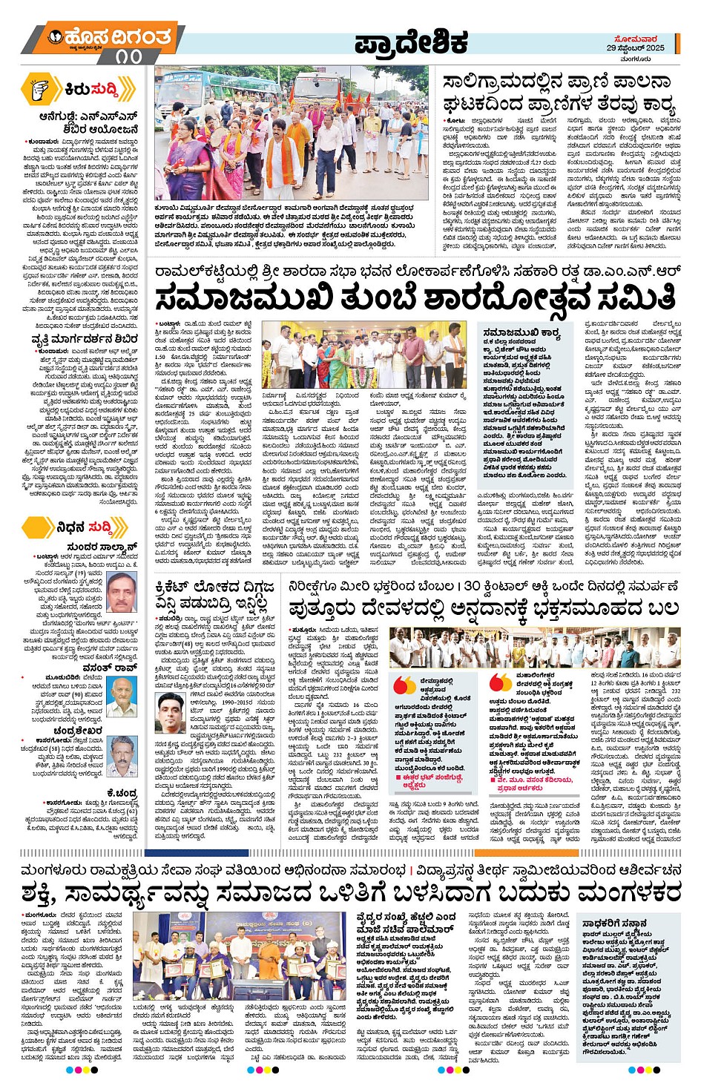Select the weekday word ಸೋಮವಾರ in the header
click(636, 38)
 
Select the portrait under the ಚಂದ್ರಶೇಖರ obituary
click(122, 757)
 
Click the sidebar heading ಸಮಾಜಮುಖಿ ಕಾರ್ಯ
click(521, 333)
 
